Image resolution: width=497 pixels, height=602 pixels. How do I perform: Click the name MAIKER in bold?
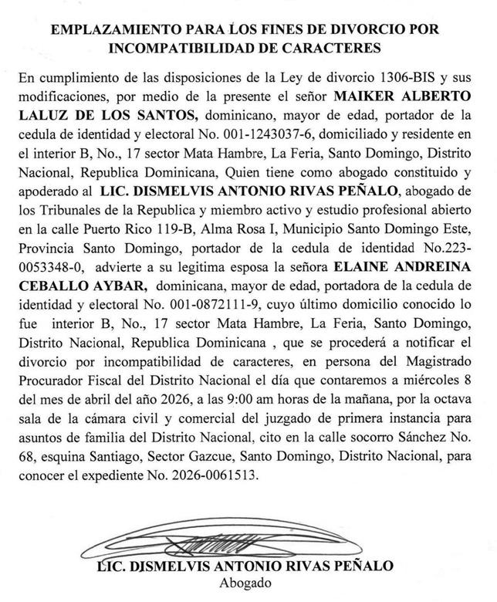(x=366, y=99)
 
